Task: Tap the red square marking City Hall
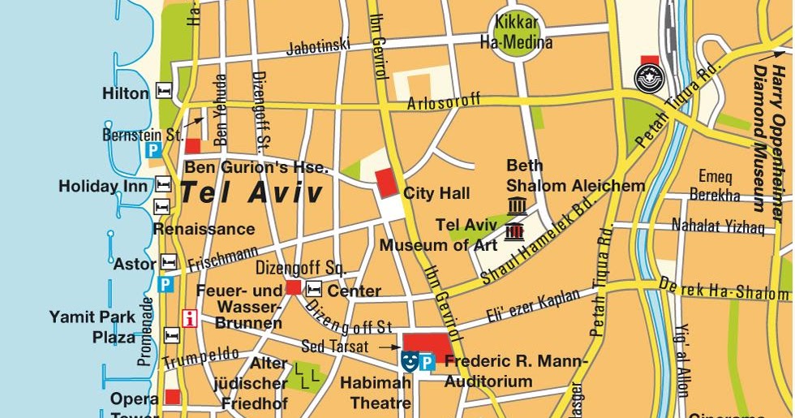pyautogui.click(x=386, y=180)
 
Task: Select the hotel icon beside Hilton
pyautogui.click(x=165, y=91)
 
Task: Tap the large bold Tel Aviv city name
pyautogui.click(x=251, y=193)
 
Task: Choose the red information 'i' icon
pyautogui.click(x=191, y=317)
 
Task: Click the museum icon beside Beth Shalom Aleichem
pyautogui.click(x=517, y=205)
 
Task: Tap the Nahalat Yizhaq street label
pyautogui.click(x=718, y=227)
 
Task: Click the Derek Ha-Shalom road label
pyautogui.click(x=725, y=288)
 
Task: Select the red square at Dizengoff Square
pyautogui.click(x=294, y=287)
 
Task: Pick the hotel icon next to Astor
pyautogui.click(x=169, y=262)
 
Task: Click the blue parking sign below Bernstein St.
pyautogui.click(x=153, y=150)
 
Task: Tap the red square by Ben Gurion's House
pyautogui.click(x=193, y=146)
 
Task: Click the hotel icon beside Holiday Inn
pyautogui.click(x=163, y=184)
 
